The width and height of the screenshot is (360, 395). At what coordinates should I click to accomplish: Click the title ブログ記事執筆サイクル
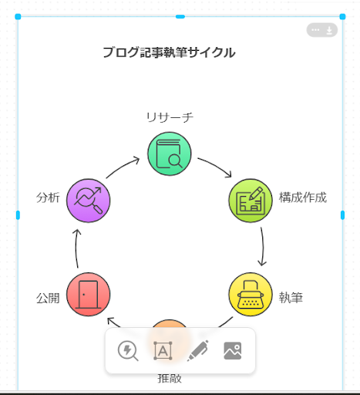[x=169, y=52]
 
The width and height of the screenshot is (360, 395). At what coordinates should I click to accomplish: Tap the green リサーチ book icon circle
[x=170, y=154]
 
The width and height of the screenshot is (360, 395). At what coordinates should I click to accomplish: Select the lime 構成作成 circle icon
[x=251, y=201]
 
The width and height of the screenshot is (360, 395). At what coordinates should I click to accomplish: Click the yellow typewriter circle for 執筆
[x=251, y=295]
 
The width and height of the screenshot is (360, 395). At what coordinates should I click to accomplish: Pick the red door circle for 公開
[x=88, y=295]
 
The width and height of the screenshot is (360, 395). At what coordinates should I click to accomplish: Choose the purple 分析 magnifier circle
[x=88, y=201]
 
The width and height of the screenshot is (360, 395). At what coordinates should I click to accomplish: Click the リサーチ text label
[x=170, y=117]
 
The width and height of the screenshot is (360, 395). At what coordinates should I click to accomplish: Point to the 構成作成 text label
[x=303, y=197]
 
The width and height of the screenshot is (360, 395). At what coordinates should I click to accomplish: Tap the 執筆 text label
[x=291, y=298]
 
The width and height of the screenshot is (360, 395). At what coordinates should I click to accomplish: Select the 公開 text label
[x=48, y=299]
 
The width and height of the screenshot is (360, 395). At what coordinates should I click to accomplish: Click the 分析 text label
[x=48, y=197]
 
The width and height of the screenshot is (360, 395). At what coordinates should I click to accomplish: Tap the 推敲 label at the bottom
[x=170, y=379]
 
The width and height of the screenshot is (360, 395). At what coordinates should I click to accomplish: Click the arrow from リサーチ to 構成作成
[x=217, y=165]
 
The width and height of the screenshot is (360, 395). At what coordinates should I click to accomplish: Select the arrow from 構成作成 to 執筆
[x=263, y=247]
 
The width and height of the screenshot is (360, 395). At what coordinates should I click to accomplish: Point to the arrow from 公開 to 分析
[x=76, y=248]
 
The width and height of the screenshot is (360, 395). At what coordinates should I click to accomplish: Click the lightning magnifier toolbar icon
[x=128, y=351]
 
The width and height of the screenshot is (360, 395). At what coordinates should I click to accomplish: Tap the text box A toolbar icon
[x=163, y=351]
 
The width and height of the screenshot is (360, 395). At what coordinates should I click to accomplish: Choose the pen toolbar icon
[x=198, y=351]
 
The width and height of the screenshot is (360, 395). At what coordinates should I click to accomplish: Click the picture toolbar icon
[x=233, y=351]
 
